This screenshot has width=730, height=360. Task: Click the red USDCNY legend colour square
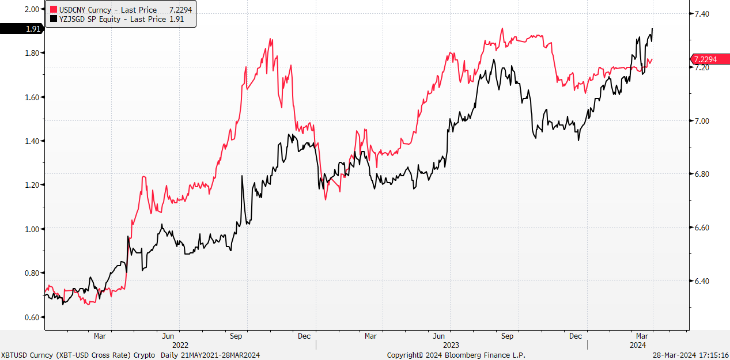pyautogui.click(x=54, y=10)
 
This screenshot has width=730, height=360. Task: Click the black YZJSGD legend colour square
pyautogui.click(x=54, y=19)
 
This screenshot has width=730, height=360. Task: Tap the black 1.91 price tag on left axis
pyautogui.click(x=21, y=29)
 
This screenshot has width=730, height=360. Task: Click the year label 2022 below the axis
pyautogui.click(x=180, y=344)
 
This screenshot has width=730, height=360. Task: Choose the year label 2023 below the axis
pyautogui.click(x=451, y=344)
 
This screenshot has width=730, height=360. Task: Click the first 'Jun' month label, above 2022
pyautogui.click(x=168, y=335)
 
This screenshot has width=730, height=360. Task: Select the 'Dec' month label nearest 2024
pyautogui.click(x=576, y=335)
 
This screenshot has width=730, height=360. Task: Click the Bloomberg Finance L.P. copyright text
pyautogui.click(x=456, y=355)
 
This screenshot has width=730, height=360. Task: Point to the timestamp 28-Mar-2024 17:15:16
pyautogui.click(x=690, y=355)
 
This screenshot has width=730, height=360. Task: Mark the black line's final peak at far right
pyautogui.click(x=652, y=29)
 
